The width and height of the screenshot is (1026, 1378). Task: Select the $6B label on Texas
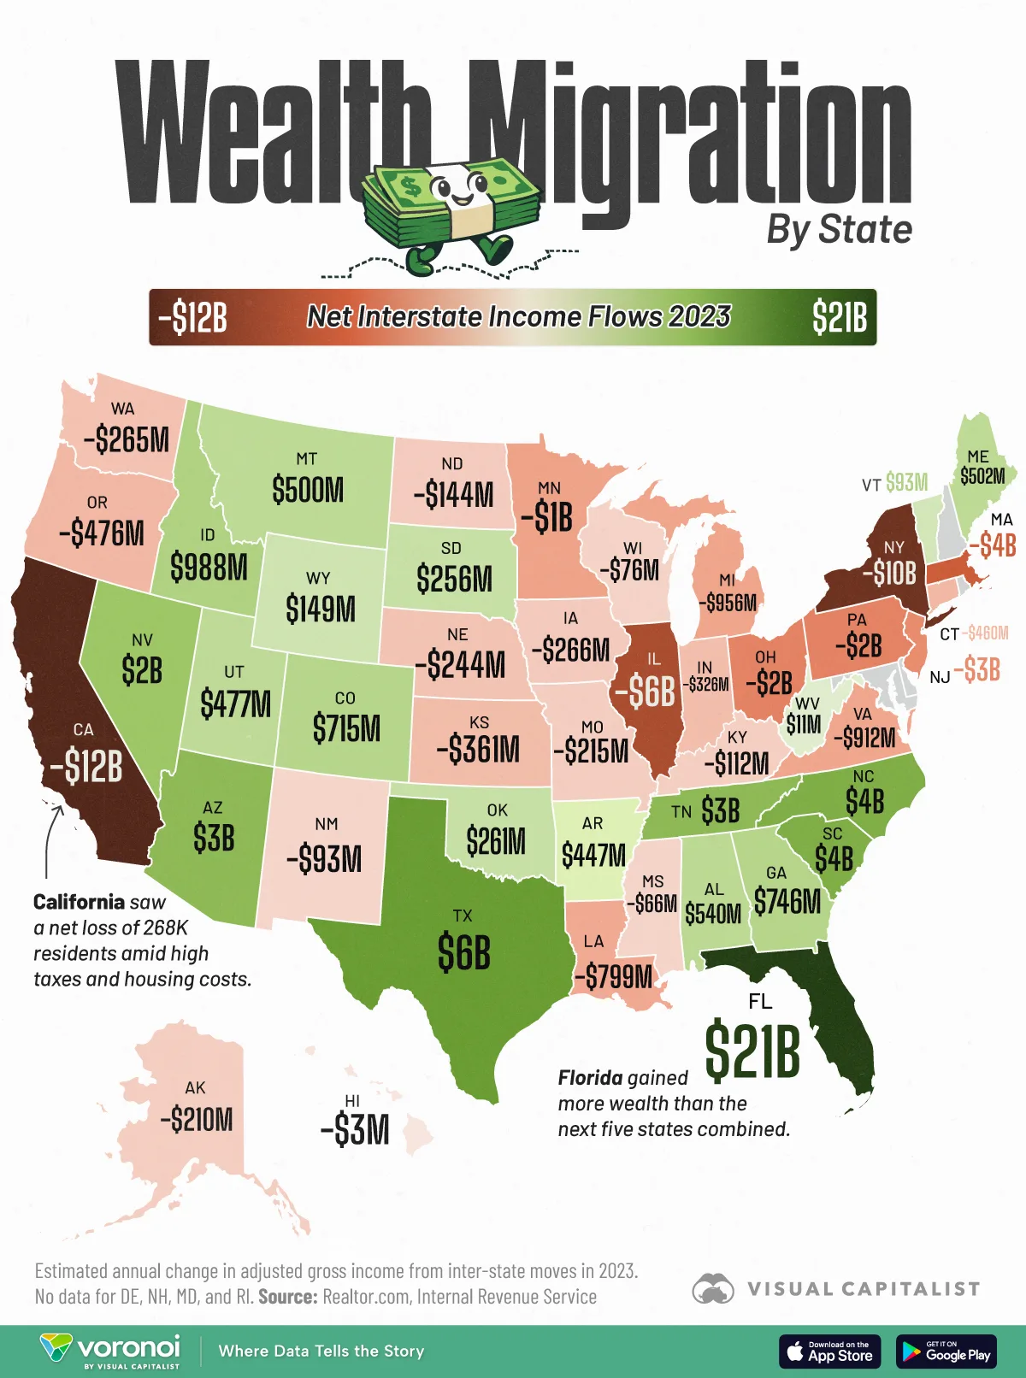coord(463,952)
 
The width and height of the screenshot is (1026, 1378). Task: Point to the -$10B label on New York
coord(889,572)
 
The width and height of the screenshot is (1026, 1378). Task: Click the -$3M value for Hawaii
coord(355,1130)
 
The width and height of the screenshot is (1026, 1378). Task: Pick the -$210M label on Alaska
coord(196,1119)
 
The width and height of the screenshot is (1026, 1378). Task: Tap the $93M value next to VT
coord(906,483)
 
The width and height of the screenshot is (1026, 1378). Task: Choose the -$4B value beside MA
coord(992,545)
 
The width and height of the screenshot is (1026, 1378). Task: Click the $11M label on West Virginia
coord(803,725)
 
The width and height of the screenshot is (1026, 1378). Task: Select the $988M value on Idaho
coord(209,566)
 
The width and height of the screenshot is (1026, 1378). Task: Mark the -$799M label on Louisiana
coord(613,975)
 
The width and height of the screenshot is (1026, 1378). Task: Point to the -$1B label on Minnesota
coord(546,517)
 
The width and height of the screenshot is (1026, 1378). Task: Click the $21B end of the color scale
coord(839,318)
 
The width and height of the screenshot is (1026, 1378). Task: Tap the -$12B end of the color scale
coord(192,318)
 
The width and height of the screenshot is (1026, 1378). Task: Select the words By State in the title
coord(839,230)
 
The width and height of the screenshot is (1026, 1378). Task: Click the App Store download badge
coord(829,1351)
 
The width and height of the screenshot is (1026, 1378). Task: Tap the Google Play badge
coord(946,1351)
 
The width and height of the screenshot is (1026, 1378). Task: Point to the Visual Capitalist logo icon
coord(713,1288)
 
